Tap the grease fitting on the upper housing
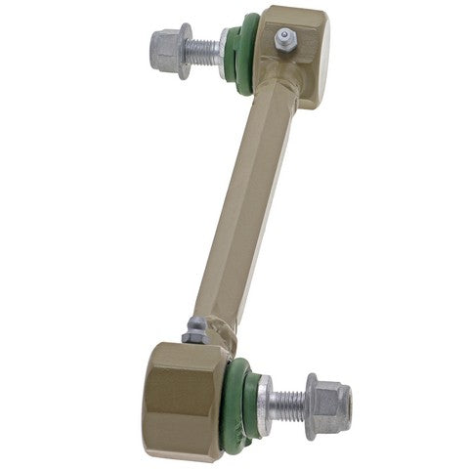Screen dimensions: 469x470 283,39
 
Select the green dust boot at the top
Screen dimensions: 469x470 242,55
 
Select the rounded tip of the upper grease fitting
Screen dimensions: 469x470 284,33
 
